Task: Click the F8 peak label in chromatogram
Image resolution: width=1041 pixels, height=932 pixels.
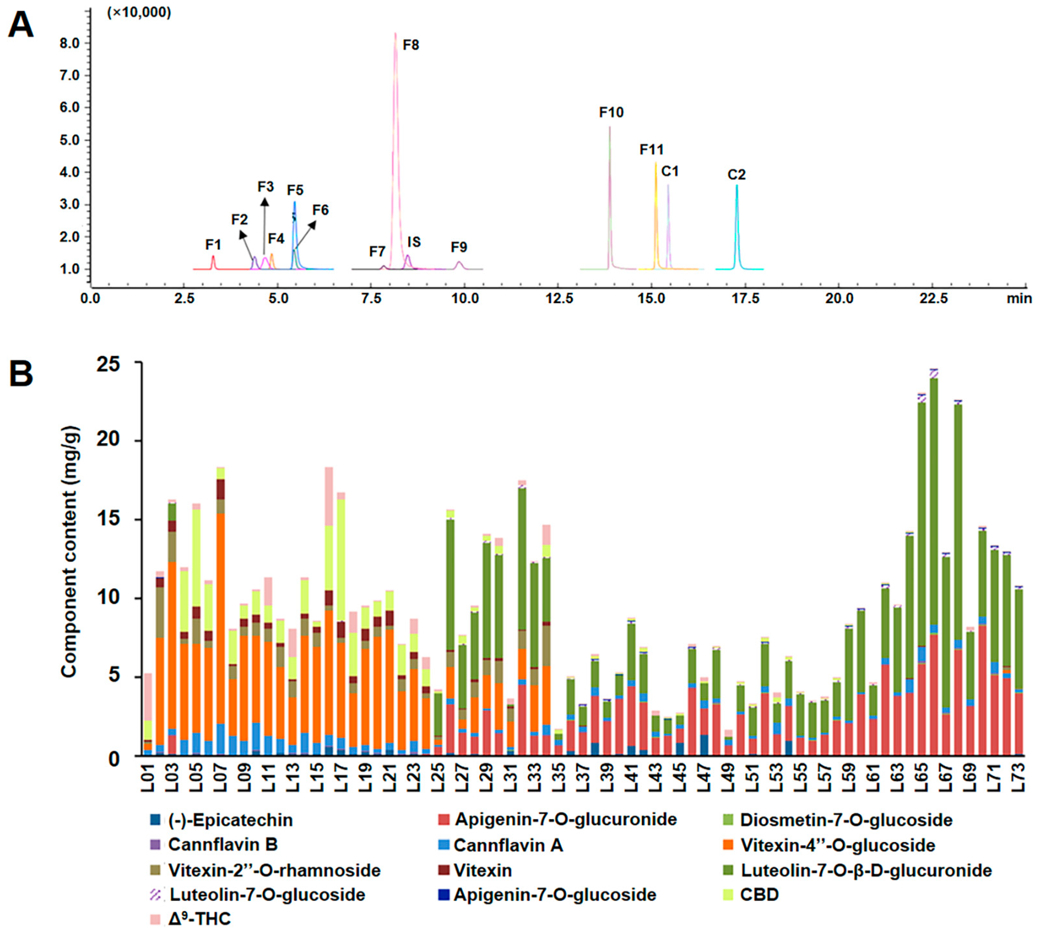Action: pos(411,45)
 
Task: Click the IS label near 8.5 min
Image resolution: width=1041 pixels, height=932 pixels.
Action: pos(414,242)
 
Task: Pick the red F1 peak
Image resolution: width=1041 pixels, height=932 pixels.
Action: pos(213,262)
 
